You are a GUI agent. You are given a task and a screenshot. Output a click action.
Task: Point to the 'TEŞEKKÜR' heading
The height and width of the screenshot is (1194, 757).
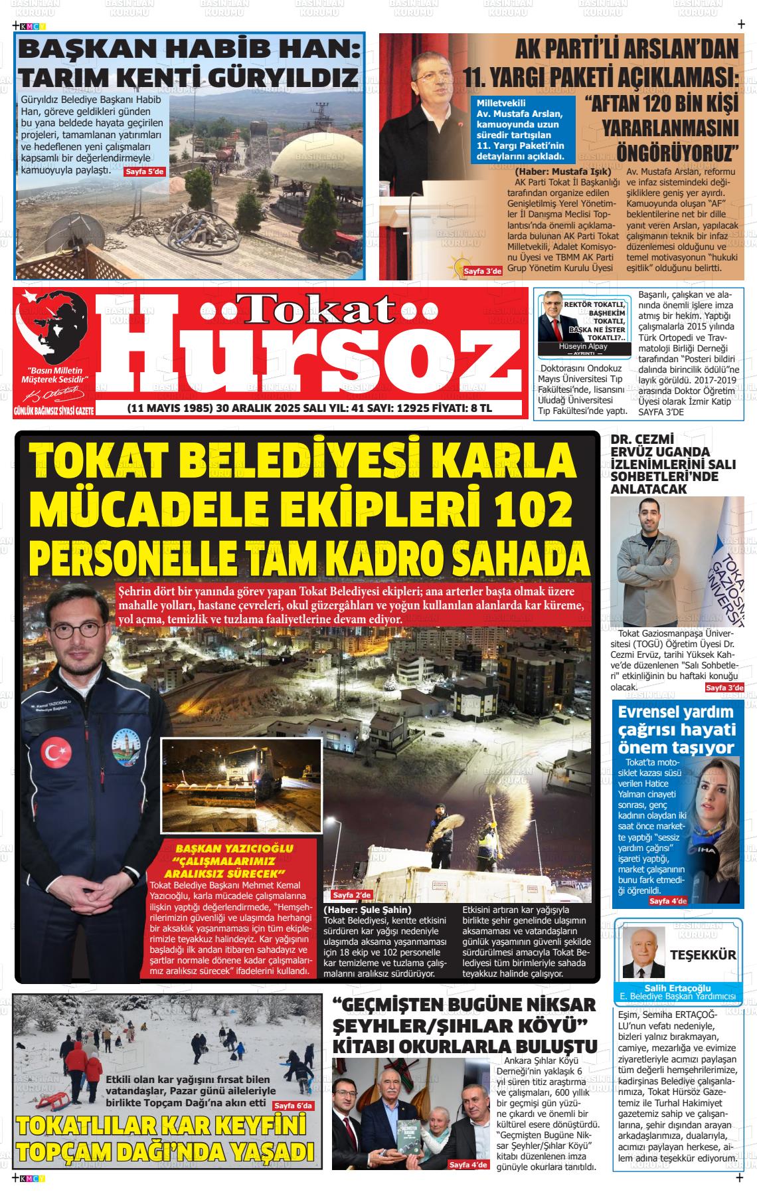703,955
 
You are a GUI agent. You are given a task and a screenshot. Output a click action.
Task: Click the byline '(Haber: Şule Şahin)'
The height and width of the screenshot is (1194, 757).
367,910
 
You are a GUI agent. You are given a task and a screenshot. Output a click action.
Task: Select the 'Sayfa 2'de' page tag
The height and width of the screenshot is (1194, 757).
352,895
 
